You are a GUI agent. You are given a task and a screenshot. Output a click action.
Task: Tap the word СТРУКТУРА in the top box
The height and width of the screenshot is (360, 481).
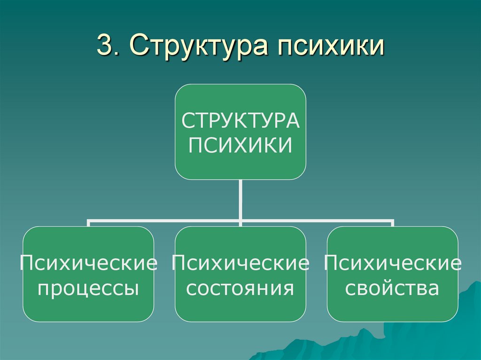pyautogui.click(x=240, y=121)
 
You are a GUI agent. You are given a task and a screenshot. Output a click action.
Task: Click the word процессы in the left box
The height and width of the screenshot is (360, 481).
pyautogui.click(x=88, y=288)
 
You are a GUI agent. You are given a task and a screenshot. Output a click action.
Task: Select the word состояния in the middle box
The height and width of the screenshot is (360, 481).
pyautogui.click(x=240, y=288)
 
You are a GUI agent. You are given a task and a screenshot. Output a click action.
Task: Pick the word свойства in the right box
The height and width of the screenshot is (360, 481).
pyautogui.click(x=392, y=288)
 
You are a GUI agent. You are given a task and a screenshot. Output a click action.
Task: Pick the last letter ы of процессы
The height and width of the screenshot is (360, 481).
pyautogui.click(x=133, y=289)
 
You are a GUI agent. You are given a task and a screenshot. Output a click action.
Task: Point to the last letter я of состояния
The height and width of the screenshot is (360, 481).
pyautogui.click(x=289, y=289)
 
